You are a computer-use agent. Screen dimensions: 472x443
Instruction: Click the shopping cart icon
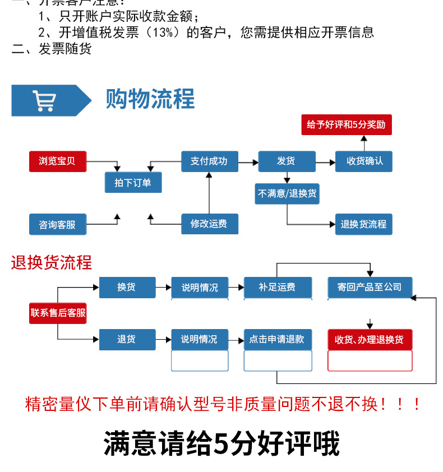click(44, 101)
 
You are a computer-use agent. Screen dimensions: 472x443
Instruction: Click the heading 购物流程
click(150, 99)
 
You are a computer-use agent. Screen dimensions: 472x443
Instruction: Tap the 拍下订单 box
click(133, 183)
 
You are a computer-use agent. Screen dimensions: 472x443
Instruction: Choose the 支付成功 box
click(209, 161)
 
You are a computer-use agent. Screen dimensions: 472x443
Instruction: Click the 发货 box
click(286, 161)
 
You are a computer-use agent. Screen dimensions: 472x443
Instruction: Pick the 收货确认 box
click(363, 161)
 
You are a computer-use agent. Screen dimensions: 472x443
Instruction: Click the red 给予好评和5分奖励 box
click(346, 124)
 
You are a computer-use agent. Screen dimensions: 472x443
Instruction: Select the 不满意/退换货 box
click(287, 194)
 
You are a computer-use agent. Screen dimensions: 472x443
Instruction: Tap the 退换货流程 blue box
click(363, 224)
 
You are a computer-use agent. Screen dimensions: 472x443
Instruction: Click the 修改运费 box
click(209, 224)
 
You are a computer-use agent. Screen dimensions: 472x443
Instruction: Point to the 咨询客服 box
click(57, 224)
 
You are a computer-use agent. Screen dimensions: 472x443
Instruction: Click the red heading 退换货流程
click(51, 262)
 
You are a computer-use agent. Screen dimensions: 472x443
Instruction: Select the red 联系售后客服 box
click(58, 313)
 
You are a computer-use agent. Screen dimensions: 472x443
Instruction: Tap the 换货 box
click(127, 287)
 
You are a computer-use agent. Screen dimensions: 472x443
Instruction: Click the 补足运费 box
click(277, 287)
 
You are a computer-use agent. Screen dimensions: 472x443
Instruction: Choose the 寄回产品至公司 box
click(370, 287)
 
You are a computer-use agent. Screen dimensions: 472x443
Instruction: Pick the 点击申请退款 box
click(277, 339)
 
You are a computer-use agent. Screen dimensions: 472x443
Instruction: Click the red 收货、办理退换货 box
click(370, 339)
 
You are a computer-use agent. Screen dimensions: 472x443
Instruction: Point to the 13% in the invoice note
click(163, 33)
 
